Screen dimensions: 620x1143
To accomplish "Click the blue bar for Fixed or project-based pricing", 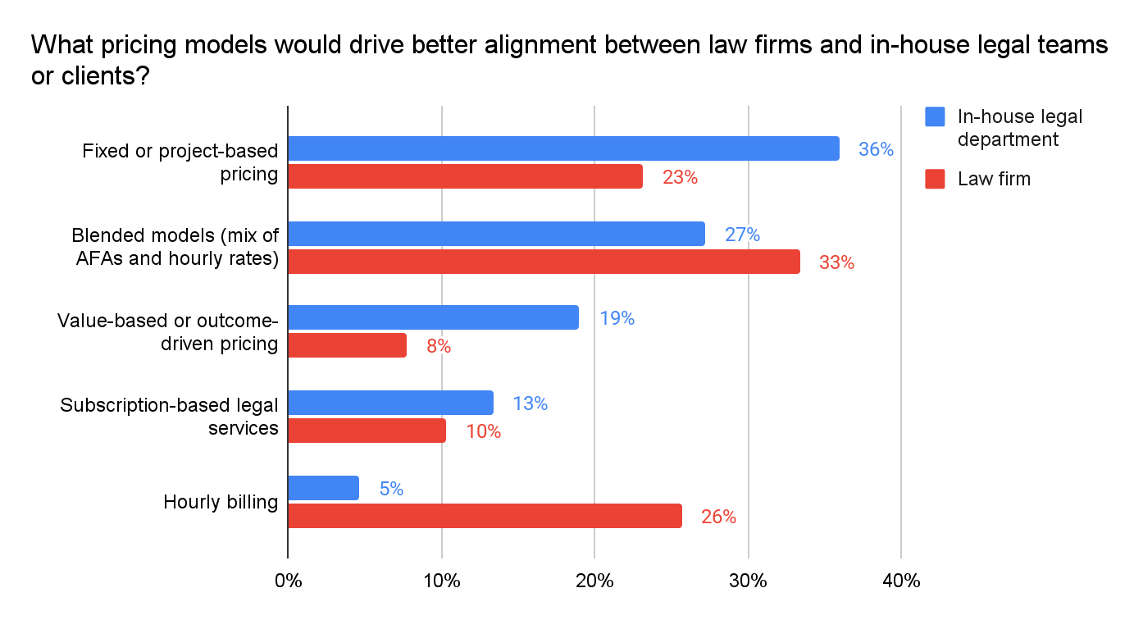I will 563,148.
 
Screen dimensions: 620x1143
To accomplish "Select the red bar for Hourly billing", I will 485,516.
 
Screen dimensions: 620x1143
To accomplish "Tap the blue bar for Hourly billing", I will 324,488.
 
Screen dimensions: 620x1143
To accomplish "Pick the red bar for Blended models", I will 544,262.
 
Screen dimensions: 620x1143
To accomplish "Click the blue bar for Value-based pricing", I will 433,317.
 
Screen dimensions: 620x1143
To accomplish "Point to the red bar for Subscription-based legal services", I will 367,431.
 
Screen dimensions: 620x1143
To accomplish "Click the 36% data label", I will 876,149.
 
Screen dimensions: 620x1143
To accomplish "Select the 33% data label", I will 836,262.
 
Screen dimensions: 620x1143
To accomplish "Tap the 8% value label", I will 439,346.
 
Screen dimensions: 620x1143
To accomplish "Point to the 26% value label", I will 718,517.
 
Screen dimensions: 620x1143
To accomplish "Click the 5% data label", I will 391,489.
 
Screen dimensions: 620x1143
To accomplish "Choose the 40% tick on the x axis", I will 901,581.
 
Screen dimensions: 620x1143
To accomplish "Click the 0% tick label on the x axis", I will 289,581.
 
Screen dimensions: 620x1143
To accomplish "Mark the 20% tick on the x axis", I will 595,581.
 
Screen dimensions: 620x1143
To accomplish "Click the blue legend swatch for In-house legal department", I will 935,116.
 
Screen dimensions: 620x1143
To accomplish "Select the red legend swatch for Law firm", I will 935,178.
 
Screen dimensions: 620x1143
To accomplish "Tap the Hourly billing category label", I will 221,502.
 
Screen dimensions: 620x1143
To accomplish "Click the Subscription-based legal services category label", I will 170,416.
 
